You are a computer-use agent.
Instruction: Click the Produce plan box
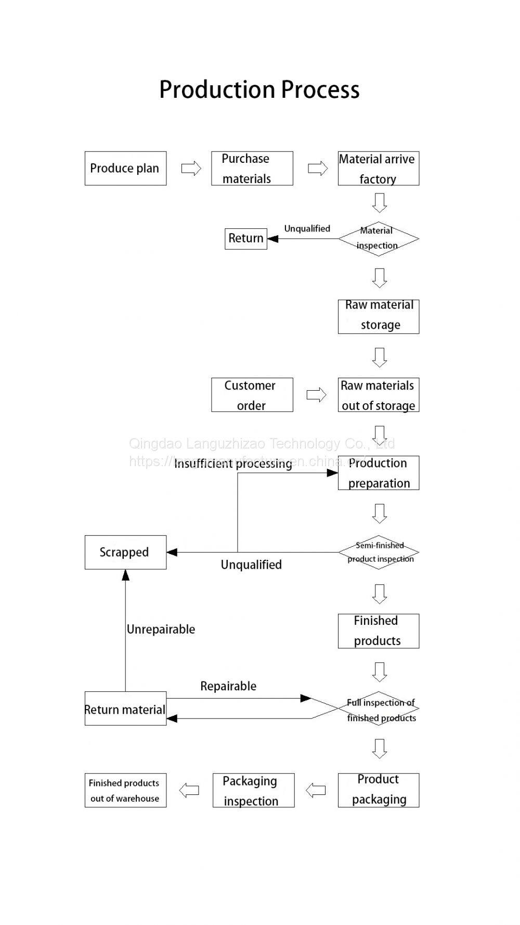point(125,169)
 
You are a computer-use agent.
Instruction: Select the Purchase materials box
point(252,169)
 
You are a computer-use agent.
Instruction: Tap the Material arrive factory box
point(378,169)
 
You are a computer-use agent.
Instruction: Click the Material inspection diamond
point(378,239)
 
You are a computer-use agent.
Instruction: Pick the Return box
point(245,239)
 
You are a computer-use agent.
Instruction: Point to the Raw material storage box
point(378,316)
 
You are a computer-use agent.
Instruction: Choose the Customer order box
point(252,395)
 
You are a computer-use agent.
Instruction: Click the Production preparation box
point(378,473)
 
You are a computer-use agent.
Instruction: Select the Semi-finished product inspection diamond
point(378,552)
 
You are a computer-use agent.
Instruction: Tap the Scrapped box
point(125,552)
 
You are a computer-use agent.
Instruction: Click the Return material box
point(125,709)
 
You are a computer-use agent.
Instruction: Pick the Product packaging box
point(378,790)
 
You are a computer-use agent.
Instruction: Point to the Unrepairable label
point(161,629)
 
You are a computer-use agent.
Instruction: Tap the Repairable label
point(228,686)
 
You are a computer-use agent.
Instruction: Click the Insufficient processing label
point(233,464)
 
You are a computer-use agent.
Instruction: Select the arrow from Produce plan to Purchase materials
point(191,169)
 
